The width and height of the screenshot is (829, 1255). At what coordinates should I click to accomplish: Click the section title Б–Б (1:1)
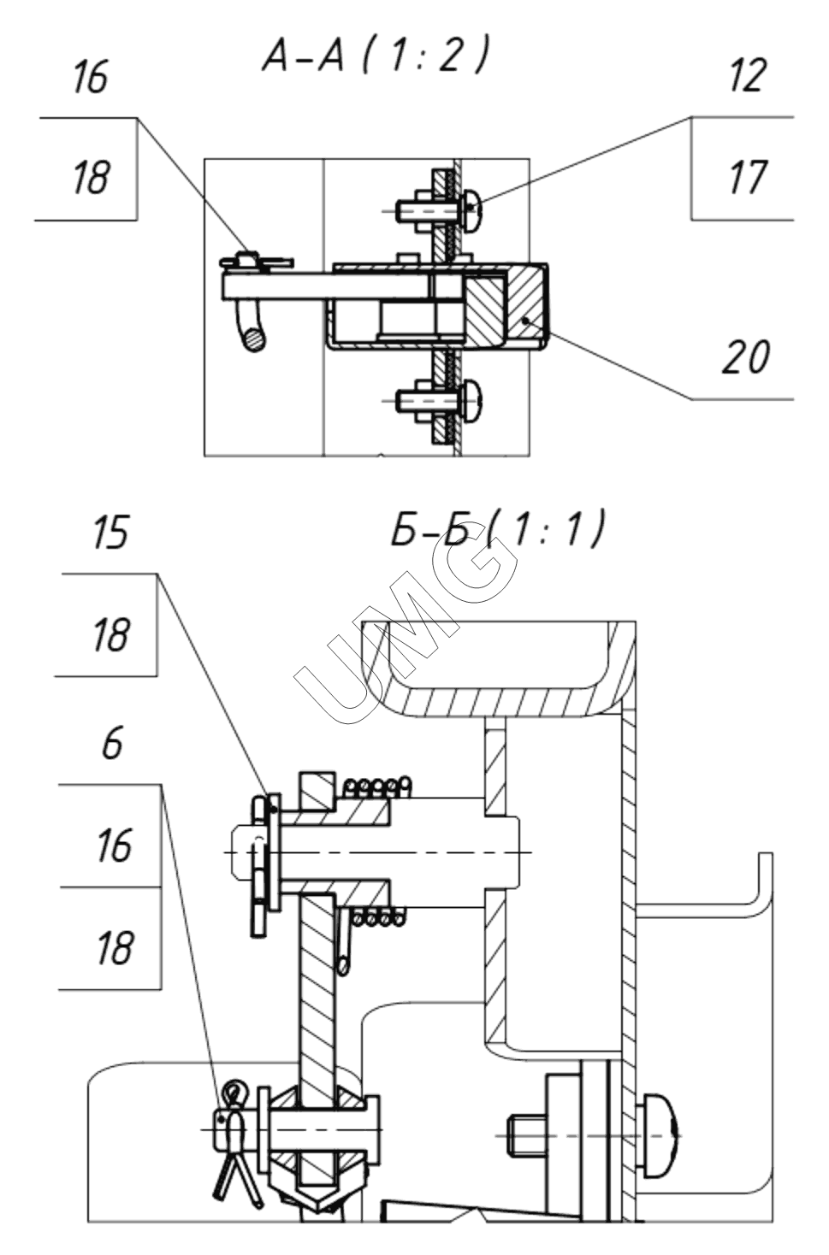(x=497, y=529)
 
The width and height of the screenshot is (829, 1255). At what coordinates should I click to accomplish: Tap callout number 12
(x=748, y=75)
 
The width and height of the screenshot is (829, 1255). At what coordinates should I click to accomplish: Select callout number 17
(x=748, y=177)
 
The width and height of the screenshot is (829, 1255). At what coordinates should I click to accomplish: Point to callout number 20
(x=745, y=356)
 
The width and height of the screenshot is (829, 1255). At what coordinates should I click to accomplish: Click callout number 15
(x=110, y=533)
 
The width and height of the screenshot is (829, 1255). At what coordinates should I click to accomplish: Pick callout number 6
(x=112, y=744)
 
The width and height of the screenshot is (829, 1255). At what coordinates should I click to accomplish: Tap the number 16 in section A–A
(x=90, y=77)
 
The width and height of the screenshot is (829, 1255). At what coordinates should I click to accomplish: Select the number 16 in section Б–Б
(x=114, y=846)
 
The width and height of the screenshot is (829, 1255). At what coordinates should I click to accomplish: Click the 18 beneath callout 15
(x=111, y=635)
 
